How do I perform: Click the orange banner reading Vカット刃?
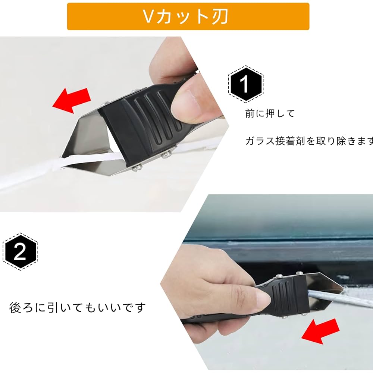(188, 16)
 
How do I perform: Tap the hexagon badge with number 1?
(245, 85)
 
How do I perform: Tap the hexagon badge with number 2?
(19, 253)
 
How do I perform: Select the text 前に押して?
(270, 113)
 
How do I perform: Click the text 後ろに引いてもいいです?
(77, 308)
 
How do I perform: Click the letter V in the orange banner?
(148, 16)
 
